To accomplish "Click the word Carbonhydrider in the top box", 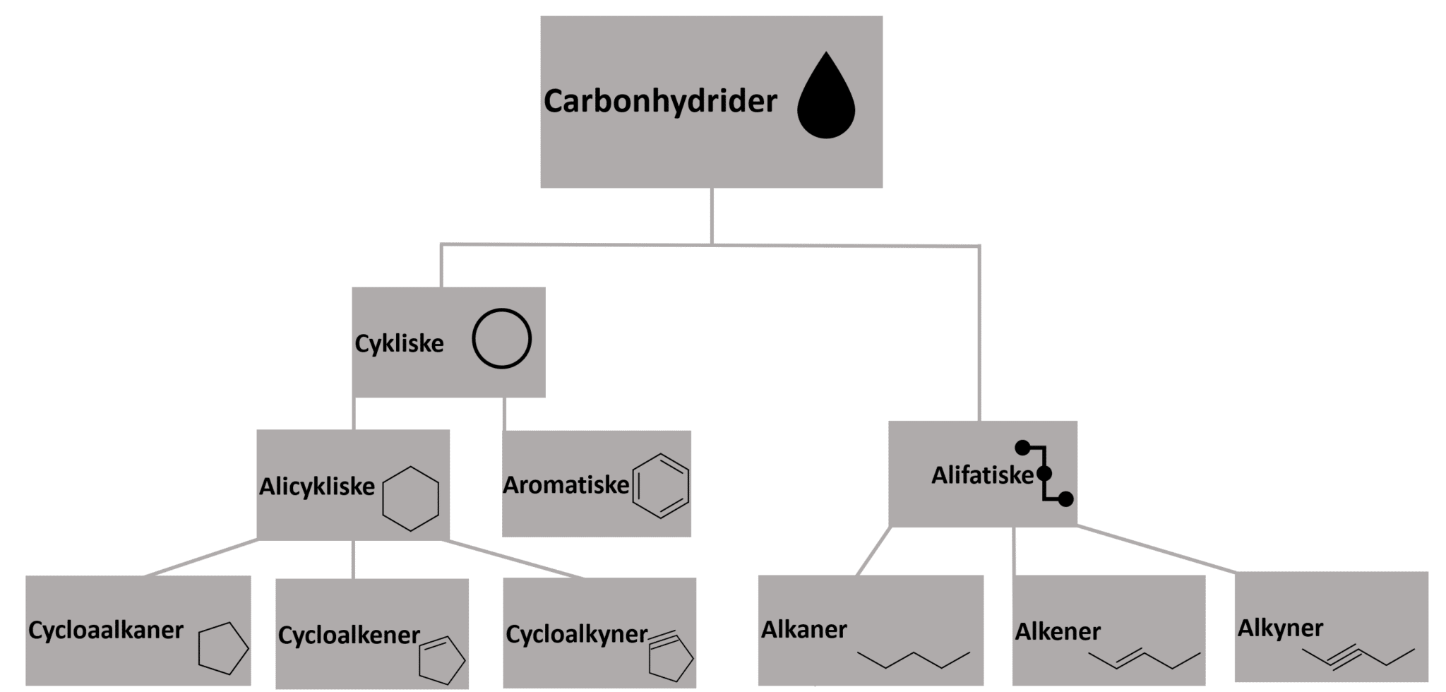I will (660, 102).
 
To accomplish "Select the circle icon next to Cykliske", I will (501, 339).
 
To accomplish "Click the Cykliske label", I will (399, 344).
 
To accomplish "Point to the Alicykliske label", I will (317, 487).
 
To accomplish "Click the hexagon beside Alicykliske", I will (410, 499).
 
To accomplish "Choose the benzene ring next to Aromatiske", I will (660, 486).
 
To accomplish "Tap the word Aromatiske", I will (566, 485).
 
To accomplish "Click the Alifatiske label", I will (982, 475).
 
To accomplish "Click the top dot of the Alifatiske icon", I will (1022, 447).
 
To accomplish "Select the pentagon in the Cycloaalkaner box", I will (222, 648).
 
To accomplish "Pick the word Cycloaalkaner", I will (106, 630).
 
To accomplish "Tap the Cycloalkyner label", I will (576, 634).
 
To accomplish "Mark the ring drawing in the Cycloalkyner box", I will (671, 657).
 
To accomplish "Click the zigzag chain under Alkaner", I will (914, 658).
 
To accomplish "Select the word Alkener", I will (1058, 631).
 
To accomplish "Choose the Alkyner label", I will (1280, 628).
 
